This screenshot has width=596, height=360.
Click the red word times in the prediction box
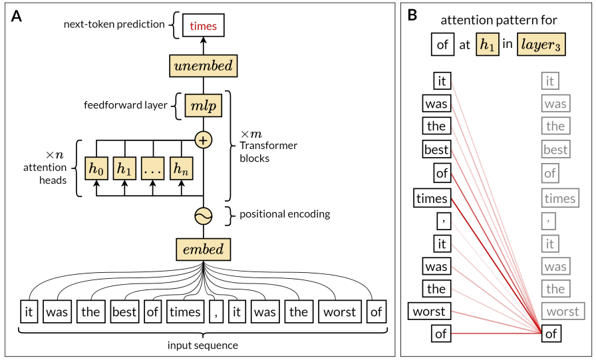pos(203,26)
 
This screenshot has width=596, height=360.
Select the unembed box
pos(203,66)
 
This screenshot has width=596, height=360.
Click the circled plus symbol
pos(203,140)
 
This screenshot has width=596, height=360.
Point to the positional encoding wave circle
pos(203,215)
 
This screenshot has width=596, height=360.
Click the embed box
pos(203,250)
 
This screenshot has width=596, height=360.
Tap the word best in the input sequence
pos(124,312)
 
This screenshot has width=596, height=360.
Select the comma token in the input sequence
pos(215,312)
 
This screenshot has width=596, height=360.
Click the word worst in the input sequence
pos(339,312)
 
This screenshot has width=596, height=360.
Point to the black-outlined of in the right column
pos(551,334)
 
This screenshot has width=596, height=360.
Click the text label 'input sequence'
pos(203,345)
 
